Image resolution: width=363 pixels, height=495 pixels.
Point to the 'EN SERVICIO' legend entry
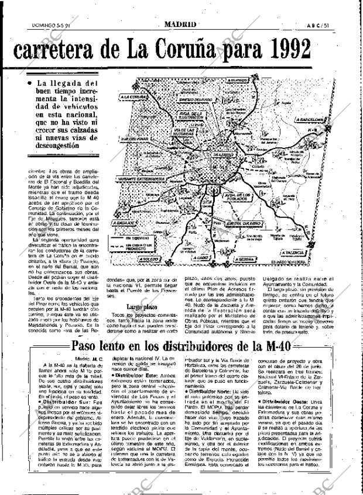click(142, 238)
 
